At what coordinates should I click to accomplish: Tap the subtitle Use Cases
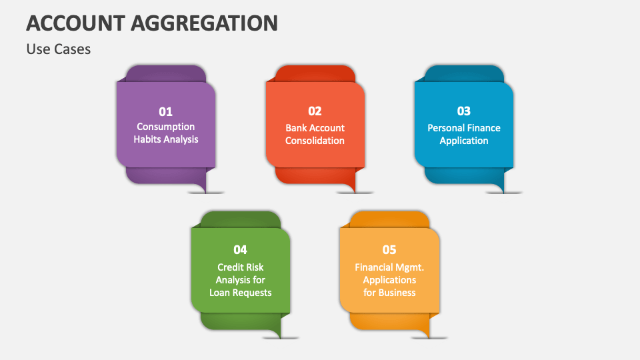pos(59,49)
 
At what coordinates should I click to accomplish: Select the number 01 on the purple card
pos(165,111)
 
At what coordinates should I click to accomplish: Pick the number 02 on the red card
pos(315,111)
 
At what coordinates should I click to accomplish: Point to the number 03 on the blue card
pos(463,111)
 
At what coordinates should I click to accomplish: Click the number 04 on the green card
pos(240,249)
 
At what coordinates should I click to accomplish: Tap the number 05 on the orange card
pos(389,249)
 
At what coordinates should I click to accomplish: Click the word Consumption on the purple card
pos(165,127)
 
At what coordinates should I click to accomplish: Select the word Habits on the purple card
pos(147,139)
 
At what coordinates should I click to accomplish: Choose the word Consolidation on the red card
pos(315,141)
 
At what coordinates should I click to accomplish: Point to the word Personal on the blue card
pos(445,128)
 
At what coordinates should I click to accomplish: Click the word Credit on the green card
pos(231,267)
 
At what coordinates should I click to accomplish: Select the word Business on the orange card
pos(397,293)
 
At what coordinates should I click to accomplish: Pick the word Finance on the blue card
pos(483,128)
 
